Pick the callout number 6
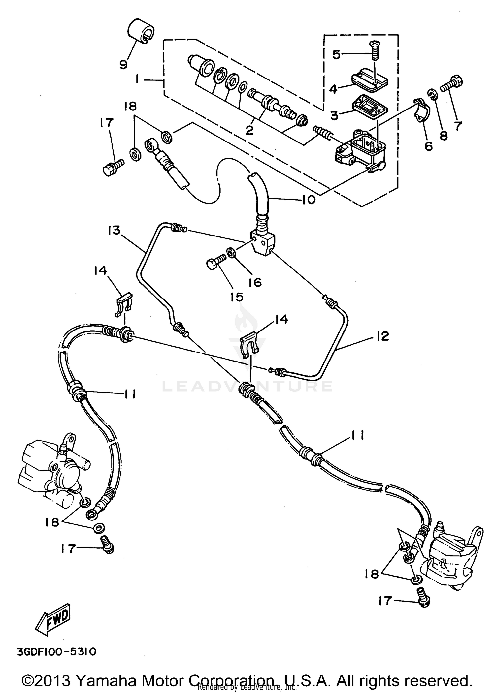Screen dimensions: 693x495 (428, 145)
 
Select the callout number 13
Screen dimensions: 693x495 (114, 230)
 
